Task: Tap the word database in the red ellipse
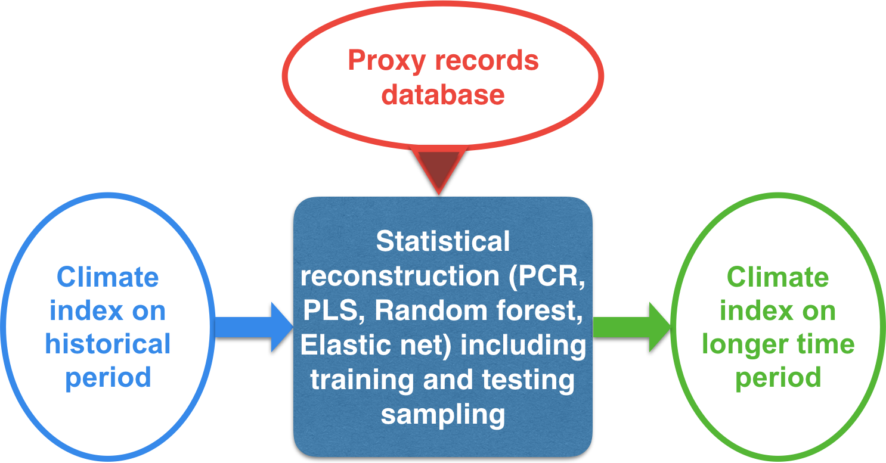pyautogui.click(x=444, y=94)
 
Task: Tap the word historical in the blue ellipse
pyautogui.click(x=108, y=344)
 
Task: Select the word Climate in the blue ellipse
pyautogui.click(x=108, y=278)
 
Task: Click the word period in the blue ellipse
pyautogui.click(x=108, y=378)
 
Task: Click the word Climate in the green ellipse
pyautogui.click(x=778, y=278)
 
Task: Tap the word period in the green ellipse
pyautogui.click(x=778, y=378)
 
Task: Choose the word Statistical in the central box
pyautogui.click(x=443, y=241)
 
